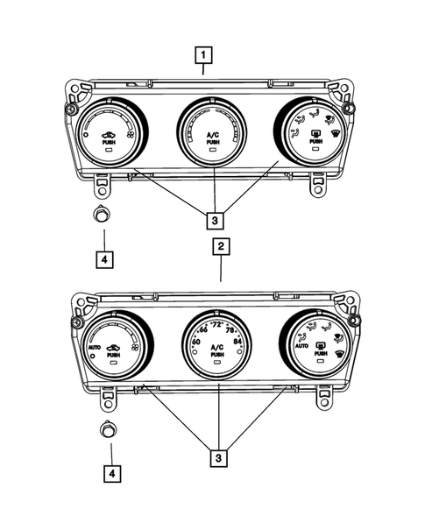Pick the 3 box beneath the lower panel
214,456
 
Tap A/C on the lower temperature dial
215,348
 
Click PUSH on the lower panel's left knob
111,357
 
